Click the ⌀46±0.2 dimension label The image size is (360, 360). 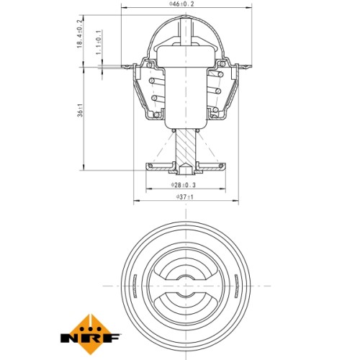[x=181, y=4]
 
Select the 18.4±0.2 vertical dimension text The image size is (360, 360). [x=80, y=34]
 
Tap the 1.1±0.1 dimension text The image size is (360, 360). [x=99, y=42]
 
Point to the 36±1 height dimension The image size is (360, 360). [x=81, y=110]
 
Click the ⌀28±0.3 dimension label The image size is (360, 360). [x=184, y=185]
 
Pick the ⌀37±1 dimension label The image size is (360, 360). [x=184, y=197]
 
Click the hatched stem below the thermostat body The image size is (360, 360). [x=186, y=147]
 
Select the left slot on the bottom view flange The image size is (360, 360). [x=135, y=286]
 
